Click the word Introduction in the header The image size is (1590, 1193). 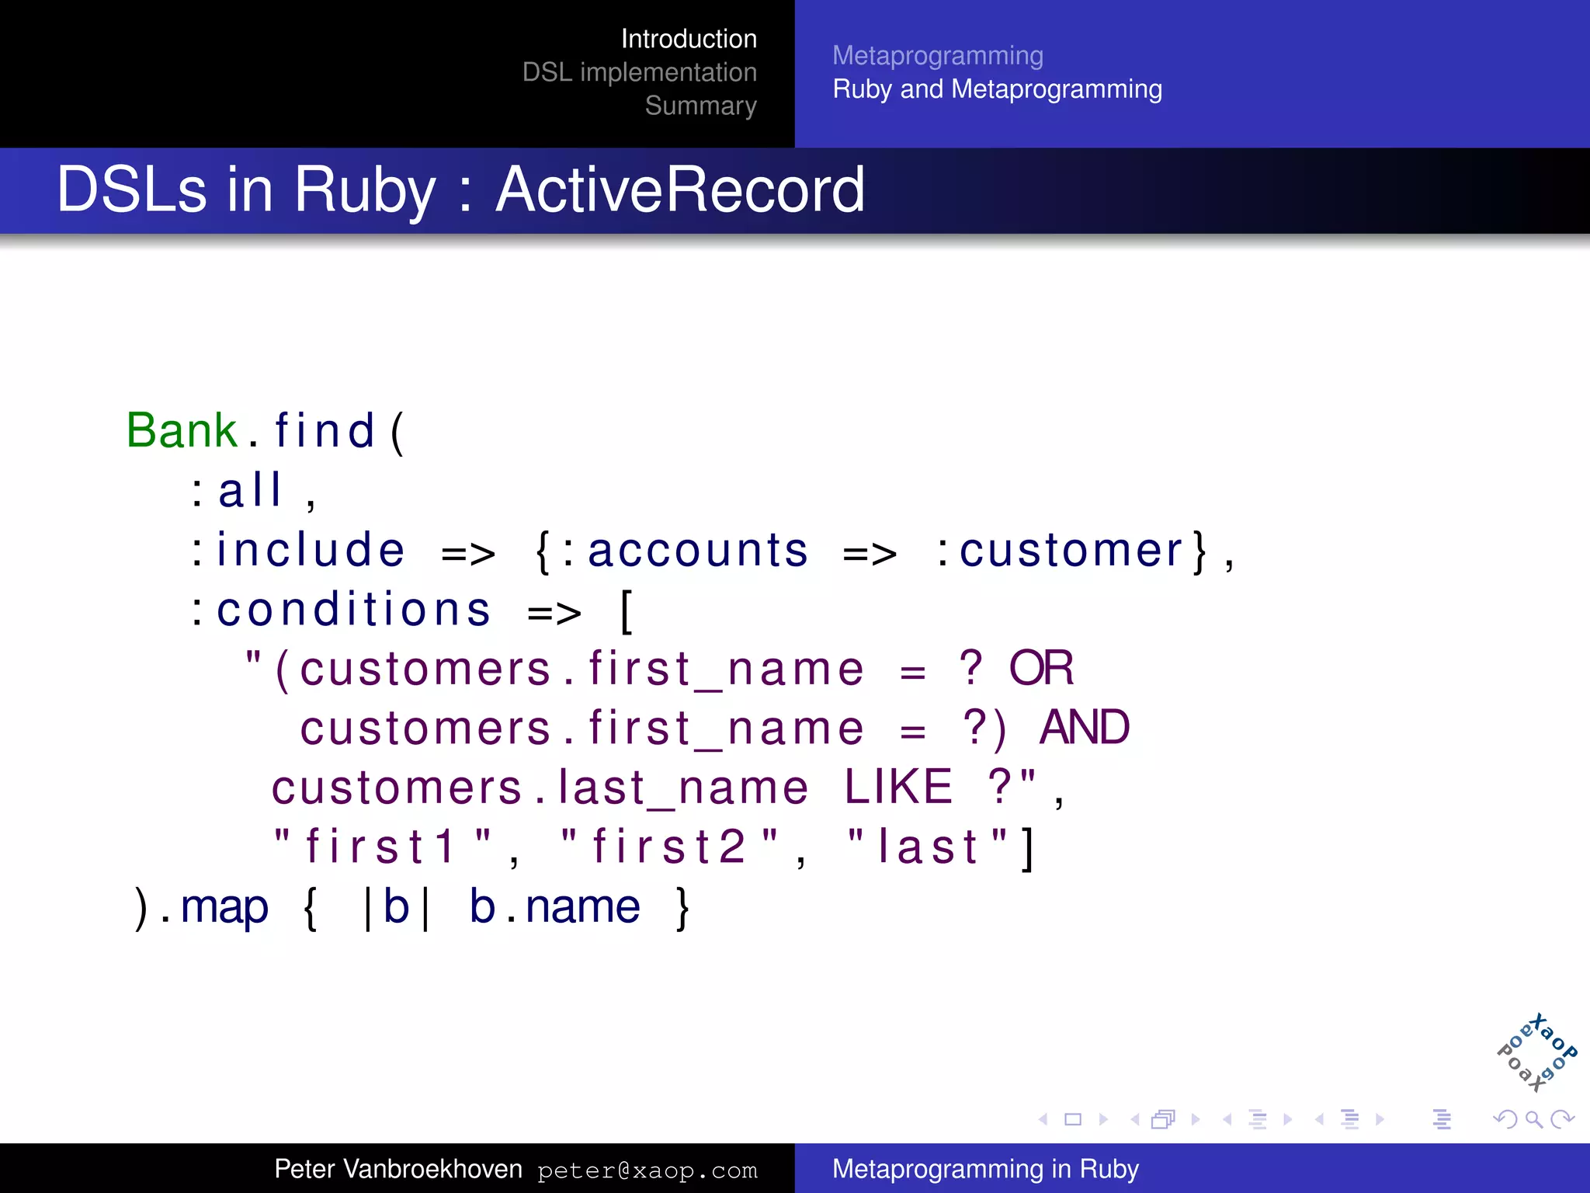(x=688, y=39)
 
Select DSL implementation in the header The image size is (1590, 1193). (x=639, y=72)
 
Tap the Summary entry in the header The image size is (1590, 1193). (x=700, y=106)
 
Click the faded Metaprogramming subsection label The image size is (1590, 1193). (x=937, y=56)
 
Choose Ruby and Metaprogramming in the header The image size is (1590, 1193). (x=997, y=89)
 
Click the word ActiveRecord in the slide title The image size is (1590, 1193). (x=679, y=190)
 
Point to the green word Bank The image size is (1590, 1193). (x=182, y=430)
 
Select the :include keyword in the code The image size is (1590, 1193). (x=299, y=551)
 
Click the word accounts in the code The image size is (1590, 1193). (x=697, y=551)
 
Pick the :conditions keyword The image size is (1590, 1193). (x=342, y=610)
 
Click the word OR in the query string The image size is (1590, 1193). (x=1040, y=668)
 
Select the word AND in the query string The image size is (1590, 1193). (x=1084, y=728)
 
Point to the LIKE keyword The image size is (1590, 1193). (x=898, y=787)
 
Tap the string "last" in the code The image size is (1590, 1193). (x=928, y=847)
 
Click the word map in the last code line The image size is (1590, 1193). (x=224, y=906)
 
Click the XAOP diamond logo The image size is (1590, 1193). (x=1536, y=1052)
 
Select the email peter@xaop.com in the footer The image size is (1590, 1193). (x=647, y=1170)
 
